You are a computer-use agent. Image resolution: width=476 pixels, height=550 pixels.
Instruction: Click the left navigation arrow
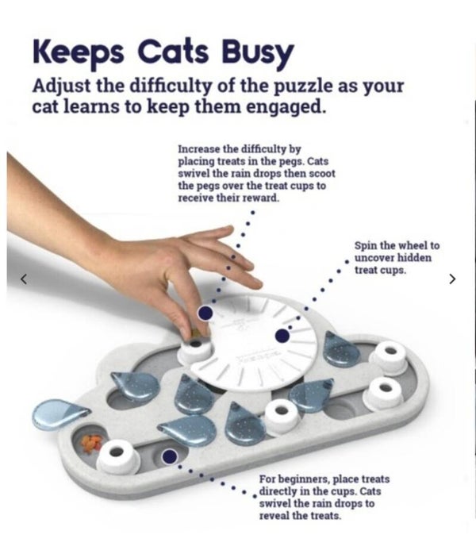(24, 279)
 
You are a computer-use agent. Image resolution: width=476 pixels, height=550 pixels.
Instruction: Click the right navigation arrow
(452, 279)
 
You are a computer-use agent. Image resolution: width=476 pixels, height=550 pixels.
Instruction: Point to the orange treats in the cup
(90, 443)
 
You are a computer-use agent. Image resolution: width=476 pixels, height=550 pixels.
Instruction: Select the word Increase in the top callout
(199, 148)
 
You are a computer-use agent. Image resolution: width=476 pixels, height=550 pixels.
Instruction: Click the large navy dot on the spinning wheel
(282, 336)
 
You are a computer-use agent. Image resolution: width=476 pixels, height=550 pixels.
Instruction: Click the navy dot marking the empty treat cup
(170, 456)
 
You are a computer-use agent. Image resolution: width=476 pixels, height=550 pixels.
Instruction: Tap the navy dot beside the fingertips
(205, 313)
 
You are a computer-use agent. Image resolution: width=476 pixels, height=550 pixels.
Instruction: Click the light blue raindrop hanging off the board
(59, 415)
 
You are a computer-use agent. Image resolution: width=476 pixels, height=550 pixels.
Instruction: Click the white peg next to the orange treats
(117, 456)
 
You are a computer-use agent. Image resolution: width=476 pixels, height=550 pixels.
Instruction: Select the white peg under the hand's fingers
(196, 348)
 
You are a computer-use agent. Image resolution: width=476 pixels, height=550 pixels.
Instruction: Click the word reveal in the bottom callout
(275, 516)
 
